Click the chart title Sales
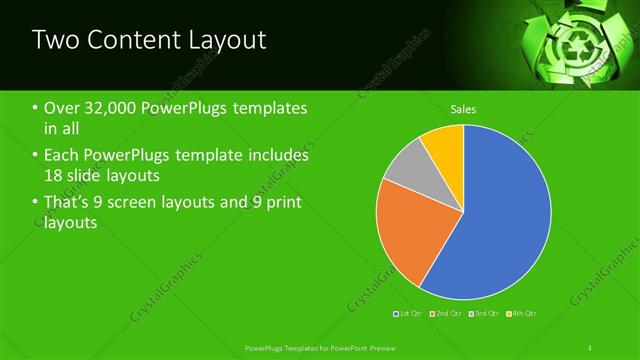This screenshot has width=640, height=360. (463, 109)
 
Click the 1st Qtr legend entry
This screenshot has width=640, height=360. (409, 314)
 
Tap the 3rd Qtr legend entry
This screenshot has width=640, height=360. (484, 314)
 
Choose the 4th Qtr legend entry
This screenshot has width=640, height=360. (522, 314)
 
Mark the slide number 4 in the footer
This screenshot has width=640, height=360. (590, 347)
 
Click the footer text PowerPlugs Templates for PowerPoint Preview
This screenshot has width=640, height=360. (315, 347)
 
